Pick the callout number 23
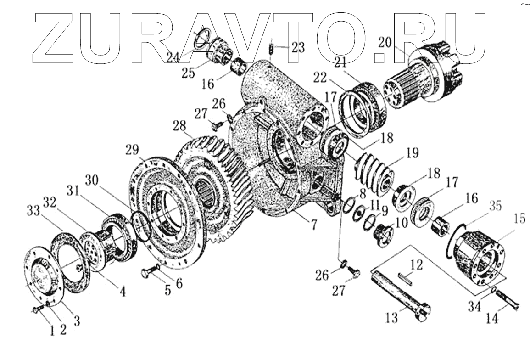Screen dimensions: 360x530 (x=297, y=48)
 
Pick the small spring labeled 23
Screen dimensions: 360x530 (x=271, y=48)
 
